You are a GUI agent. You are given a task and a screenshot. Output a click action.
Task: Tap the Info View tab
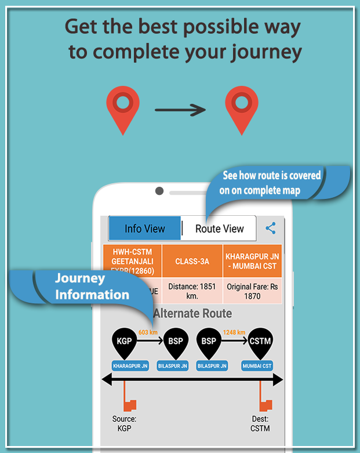click(145, 229)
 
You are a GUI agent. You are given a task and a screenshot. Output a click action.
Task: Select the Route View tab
click(219, 229)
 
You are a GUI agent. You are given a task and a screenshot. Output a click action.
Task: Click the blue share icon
click(270, 228)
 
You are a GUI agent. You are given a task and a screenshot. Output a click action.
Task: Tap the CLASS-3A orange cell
click(192, 261)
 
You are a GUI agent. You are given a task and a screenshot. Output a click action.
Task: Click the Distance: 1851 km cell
click(192, 291)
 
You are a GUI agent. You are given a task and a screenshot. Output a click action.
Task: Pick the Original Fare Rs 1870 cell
click(252, 291)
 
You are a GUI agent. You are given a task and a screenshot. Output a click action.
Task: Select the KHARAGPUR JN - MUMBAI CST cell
click(252, 261)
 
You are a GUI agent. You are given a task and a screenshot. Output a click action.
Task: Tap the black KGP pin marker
click(124, 342)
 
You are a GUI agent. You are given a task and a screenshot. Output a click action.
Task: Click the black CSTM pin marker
click(260, 342)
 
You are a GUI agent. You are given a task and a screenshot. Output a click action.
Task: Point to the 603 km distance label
click(148, 332)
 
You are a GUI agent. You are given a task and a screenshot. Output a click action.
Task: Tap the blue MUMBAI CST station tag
click(257, 366)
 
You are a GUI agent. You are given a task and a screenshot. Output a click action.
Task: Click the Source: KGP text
click(124, 423)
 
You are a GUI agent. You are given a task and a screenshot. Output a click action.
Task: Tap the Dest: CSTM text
click(260, 423)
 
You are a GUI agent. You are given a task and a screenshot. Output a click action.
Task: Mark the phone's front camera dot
click(159, 190)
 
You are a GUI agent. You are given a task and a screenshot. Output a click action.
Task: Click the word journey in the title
click(263, 52)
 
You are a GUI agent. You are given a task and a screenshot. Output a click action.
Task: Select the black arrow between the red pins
click(180, 109)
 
